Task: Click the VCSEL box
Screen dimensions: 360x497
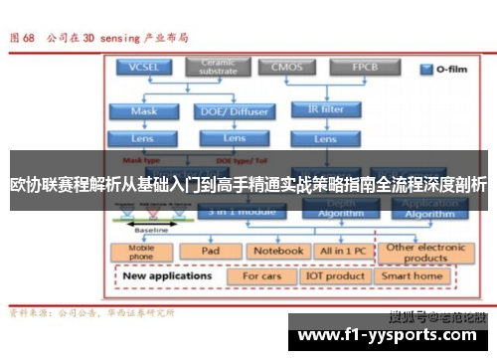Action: click(144, 69)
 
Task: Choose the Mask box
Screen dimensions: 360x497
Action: click(144, 111)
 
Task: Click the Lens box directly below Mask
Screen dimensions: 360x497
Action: click(144, 137)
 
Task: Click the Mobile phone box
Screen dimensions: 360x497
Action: click(141, 251)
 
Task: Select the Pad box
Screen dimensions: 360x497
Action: click(210, 251)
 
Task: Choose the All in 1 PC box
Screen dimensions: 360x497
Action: click(342, 251)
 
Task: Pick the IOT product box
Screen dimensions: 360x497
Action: click(336, 275)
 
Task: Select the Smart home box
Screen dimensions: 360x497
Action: click(412, 275)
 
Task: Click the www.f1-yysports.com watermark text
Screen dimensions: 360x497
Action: click(386, 336)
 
